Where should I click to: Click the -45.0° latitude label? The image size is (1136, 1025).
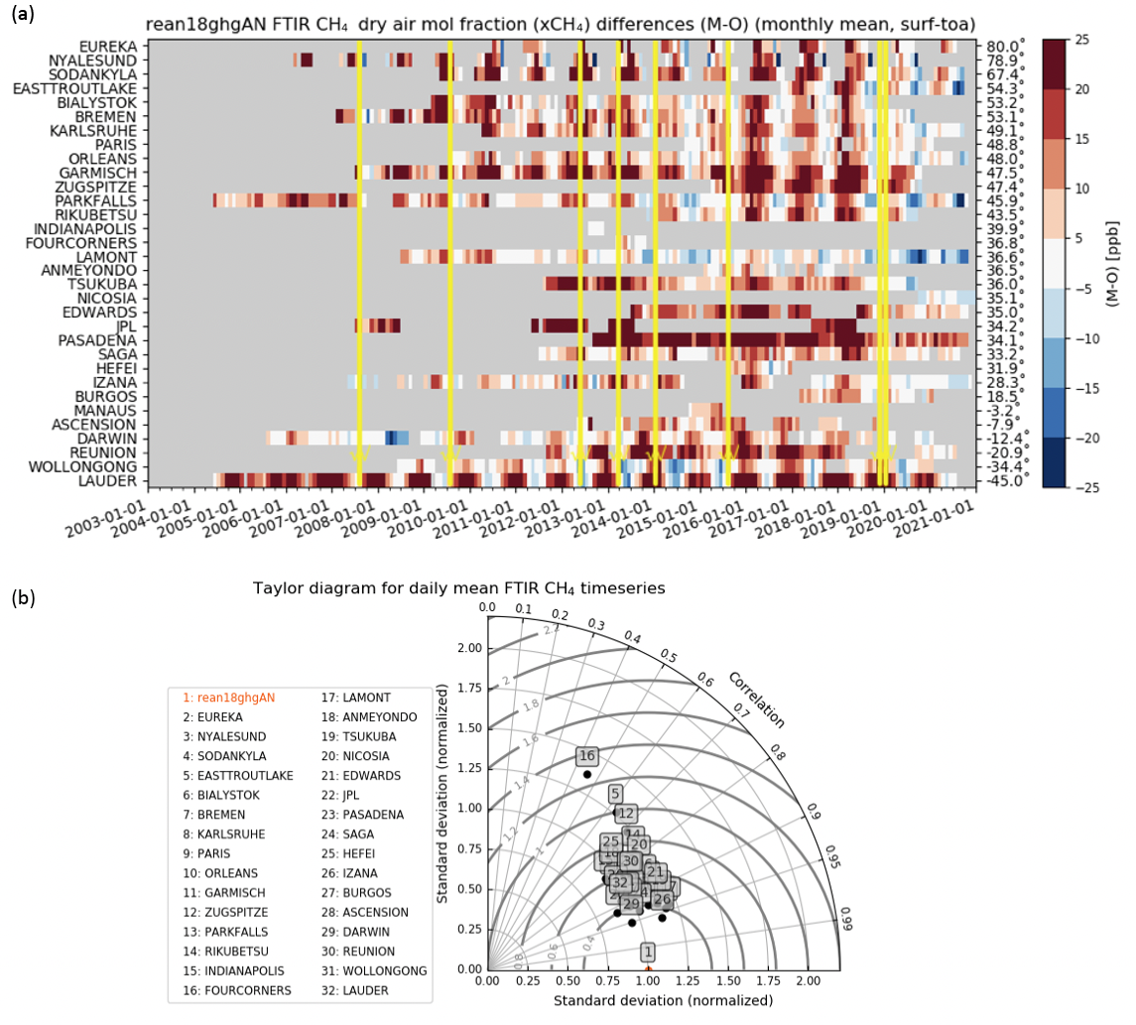click(1003, 481)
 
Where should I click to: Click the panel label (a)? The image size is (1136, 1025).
click(22, 14)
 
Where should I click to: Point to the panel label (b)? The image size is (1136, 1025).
click(22, 597)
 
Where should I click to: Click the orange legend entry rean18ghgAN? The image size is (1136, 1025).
click(228, 698)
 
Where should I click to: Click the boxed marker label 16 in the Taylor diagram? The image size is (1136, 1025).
click(587, 756)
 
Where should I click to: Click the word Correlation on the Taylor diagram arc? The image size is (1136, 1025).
click(756, 700)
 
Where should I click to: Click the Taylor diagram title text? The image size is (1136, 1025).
click(458, 588)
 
